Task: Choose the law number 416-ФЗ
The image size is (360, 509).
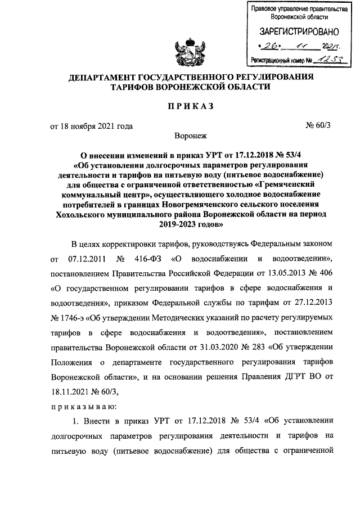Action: click(148, 259)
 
